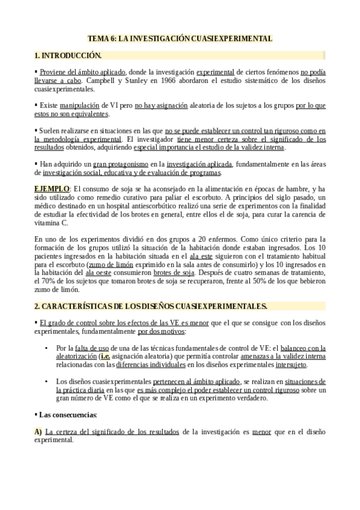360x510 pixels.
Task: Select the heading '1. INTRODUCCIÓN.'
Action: (68, 55)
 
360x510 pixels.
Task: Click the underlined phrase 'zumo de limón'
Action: (110, 263)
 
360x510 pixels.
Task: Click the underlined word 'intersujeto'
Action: (308, 364)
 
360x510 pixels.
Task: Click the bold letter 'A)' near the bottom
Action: (38, 431)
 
